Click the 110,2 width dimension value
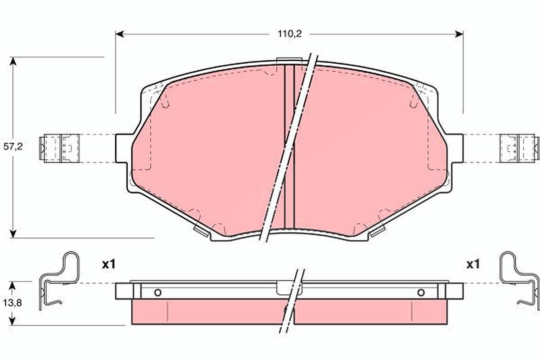coord(289,34)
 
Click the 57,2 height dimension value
coord(13,146)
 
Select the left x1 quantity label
coord(109,265)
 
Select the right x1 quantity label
coord(473,265)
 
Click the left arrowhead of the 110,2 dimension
coord(120,34)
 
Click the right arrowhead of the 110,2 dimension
coord(459,34)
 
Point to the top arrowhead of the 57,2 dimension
coord(13,61)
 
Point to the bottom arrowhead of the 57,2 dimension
coord(13,234)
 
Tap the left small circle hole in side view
coord(157,293)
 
